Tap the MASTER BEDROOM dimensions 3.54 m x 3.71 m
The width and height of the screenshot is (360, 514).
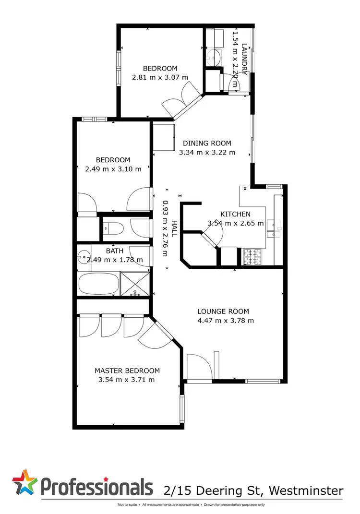click(127, 380)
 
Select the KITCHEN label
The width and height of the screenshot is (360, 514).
click(235, 214)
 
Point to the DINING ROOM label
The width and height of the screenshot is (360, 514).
click(207, 143)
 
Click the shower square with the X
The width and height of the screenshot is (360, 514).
click(136, 283)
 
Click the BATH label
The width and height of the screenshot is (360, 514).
click(115, 251)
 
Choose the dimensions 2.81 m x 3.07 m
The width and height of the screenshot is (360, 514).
click(160, 77)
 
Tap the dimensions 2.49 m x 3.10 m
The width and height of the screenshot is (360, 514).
click(113, 168)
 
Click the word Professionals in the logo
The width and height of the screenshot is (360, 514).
click(96, 487)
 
